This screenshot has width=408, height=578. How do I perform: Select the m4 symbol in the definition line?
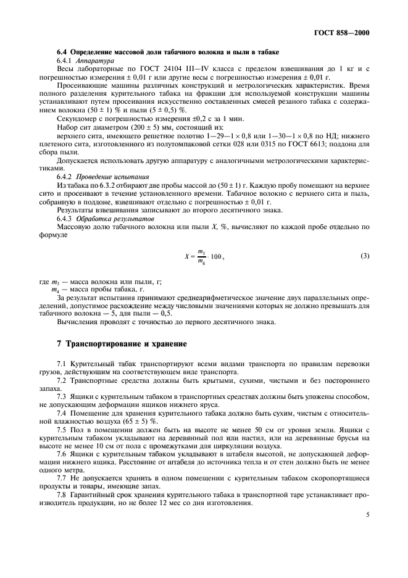(x=55, y=290)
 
